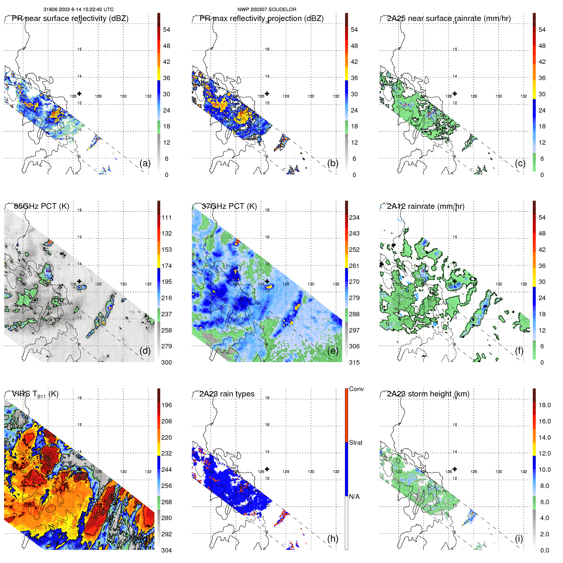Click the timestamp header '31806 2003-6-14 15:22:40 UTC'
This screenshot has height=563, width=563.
click(78, 10)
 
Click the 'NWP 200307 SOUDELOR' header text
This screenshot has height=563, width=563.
click(267, 10)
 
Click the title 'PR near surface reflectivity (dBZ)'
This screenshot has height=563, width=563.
click(70, 18)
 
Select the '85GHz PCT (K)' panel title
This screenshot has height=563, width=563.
click(41, 206)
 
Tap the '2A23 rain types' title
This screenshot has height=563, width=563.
click(227, 394)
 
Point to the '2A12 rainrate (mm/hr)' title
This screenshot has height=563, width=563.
click(425, 206)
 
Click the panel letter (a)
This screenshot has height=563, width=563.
click(145, 163)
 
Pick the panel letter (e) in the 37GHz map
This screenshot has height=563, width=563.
click(333, 351)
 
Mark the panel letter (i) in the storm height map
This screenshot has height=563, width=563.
click(519, 539)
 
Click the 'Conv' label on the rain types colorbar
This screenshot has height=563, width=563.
click(356, 389)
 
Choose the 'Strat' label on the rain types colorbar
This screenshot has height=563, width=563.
click(355, 443)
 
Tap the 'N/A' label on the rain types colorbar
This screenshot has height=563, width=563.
click(354, 497)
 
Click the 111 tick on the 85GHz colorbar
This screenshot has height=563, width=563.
click(167, 217)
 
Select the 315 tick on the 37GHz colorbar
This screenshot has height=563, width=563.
click(354, 362)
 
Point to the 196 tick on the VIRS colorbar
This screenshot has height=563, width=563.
click(167, 405)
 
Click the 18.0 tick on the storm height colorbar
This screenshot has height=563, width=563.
click(544, 405)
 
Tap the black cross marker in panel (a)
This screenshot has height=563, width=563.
click(79, 93)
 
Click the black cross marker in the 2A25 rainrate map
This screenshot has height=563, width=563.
click(455, 93)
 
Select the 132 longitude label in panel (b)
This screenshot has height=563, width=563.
click(336, 96)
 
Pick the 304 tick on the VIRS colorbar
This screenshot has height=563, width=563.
click(167, 550)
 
